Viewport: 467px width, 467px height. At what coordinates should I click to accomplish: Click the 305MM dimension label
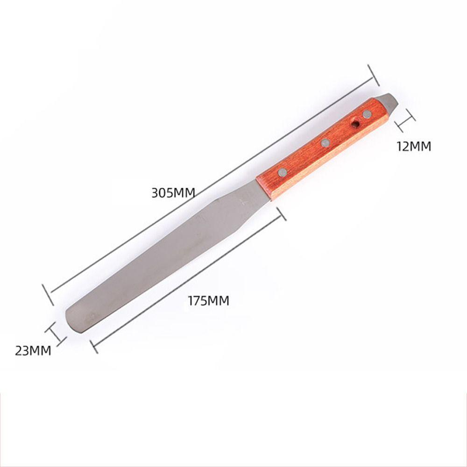(173, 192)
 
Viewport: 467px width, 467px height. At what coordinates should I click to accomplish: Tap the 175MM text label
(208, 301)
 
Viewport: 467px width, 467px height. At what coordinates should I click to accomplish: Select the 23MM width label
(33, 350)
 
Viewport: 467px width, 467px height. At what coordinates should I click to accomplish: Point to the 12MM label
(414, 147)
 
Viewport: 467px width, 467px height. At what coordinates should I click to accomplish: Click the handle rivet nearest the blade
(282, 173)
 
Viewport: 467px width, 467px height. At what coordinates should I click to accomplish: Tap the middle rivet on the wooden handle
(325, 142)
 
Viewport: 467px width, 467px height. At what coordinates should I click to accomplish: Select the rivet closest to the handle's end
(367, 114)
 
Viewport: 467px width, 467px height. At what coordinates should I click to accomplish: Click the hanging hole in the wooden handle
(356, 124)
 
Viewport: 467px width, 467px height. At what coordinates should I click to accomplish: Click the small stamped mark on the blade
(242, 202)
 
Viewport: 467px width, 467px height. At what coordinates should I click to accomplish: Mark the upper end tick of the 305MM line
(373, 75)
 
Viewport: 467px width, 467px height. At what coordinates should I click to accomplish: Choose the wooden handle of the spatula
(322, 147)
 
